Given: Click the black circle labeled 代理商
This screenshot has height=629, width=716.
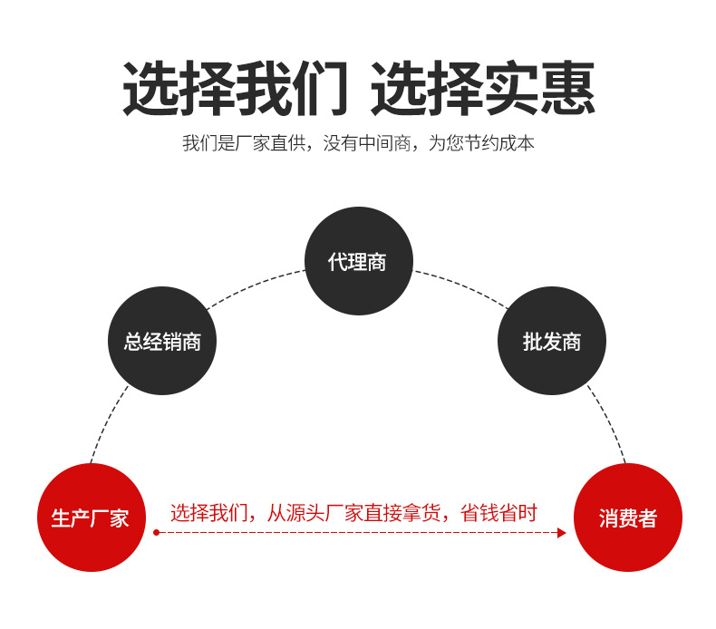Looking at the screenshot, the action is click(x=359, y=261).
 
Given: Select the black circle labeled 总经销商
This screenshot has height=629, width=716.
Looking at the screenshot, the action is click(x=162, y=341).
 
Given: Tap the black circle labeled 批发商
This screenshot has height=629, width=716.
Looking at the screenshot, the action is click(x=552, y=341).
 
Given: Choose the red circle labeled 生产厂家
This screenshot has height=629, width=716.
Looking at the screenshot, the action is click(x=92, y=518).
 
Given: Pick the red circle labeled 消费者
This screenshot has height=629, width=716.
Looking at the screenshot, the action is click(x=628, y=518).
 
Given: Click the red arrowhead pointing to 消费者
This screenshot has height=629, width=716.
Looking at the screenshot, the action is click(x=562, y=533).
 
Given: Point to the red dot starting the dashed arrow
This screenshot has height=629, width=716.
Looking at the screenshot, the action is click(x=156, y=533).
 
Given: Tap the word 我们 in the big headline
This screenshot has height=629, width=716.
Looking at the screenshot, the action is click(x=292, y=88).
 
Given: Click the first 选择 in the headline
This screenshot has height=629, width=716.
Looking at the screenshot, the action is click(x=179, y=88).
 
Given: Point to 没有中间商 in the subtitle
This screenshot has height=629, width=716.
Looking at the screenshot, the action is click(x=367, y=143).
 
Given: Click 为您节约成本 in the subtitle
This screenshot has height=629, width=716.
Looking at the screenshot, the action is click(x=481, y=143).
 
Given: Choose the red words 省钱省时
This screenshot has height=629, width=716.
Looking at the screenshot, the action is click(x=498, y=512).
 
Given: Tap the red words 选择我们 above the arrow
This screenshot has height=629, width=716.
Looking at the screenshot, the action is click(x=208, y=512).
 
